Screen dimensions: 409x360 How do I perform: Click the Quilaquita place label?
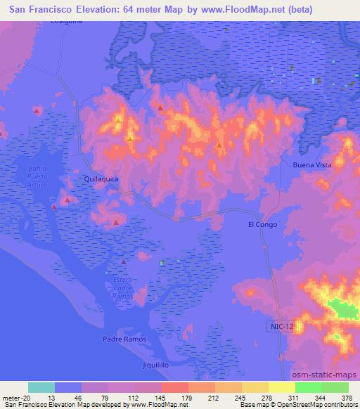click(101, 179)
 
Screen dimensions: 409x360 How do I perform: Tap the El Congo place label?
click(262, 225)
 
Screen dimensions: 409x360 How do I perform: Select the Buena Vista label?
click(311, 164)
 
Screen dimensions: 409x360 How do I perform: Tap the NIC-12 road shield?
click(281, 327)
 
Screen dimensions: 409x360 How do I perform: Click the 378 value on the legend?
click(346, 397)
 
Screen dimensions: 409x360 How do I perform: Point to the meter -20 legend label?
click(13, 397)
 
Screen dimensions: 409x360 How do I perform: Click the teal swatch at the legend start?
click(41, 387)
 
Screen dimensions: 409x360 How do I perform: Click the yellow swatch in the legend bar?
click(281, 387)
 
